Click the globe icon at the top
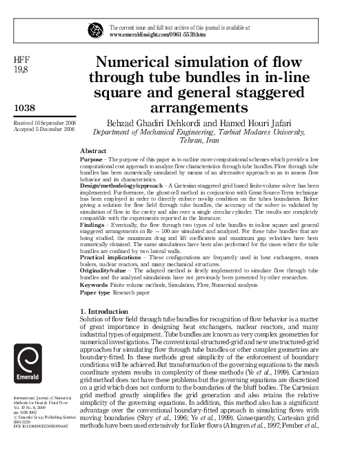94,30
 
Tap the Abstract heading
93,150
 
